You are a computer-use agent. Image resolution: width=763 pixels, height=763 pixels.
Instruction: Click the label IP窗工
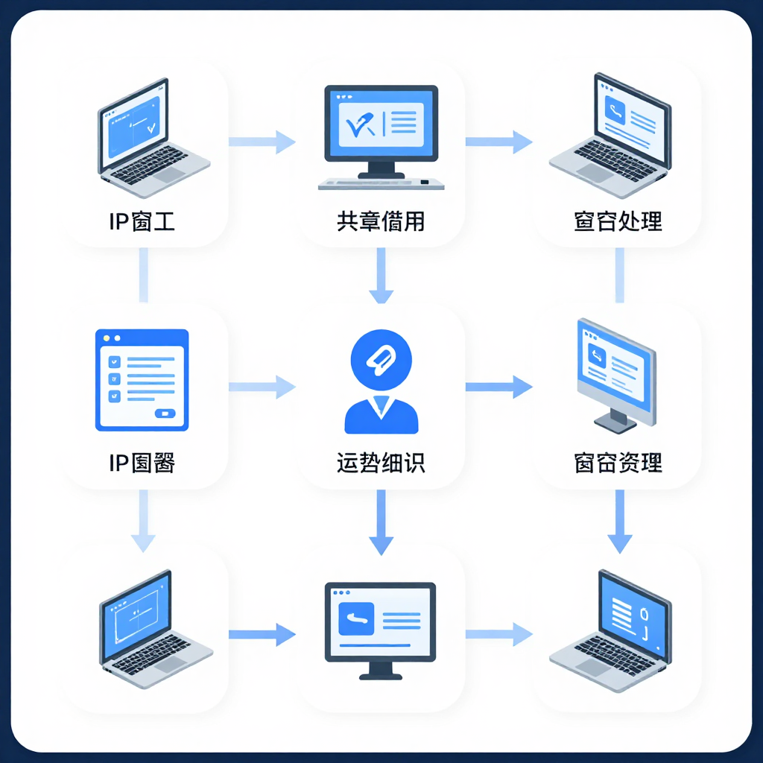[x=142, y=221]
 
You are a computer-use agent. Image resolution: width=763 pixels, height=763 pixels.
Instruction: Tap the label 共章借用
[x=381, y=221]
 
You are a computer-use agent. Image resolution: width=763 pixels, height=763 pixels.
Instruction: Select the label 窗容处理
[x=618, y=221]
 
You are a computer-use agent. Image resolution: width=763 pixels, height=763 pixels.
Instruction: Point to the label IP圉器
[x=142, y=463]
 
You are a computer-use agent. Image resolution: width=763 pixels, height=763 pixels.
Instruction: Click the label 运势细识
[x=381, y=463]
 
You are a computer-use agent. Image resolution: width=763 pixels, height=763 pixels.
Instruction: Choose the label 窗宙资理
[x=618, y=463]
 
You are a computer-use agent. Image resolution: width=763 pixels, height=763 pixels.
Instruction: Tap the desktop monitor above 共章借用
[x=381, y=134]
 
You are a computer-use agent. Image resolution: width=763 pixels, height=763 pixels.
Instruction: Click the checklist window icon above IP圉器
[x=142, y=380]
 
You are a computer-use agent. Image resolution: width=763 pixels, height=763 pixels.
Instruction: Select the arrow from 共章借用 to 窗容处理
[x=499, y=141]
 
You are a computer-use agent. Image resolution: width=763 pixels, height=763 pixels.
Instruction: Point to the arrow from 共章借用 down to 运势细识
[x=381, y=276]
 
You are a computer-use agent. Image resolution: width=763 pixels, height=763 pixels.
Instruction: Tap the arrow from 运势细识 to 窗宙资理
[x=499, y=386]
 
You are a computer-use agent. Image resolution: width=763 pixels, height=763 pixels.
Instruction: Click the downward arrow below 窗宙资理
[x=618, y=522]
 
